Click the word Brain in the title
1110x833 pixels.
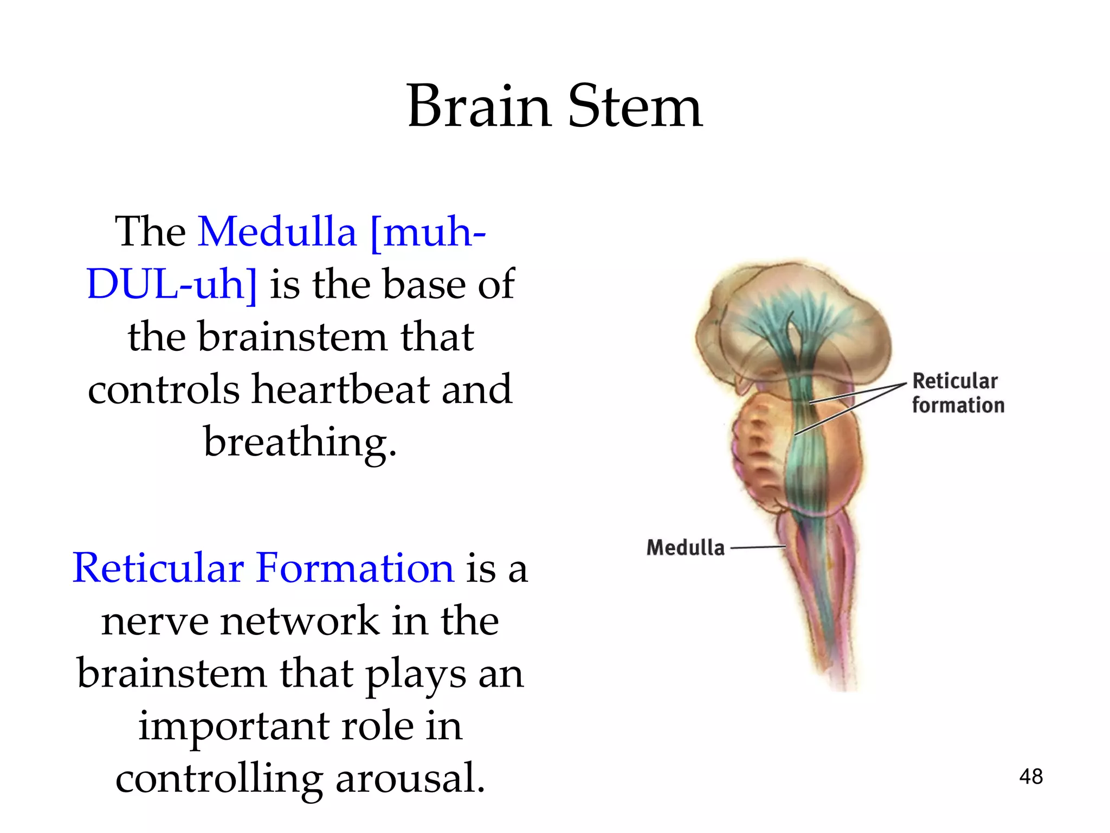pyautogui.click(x=479, y=107)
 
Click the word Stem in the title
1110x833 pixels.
pyautogui.click(x=635, y=107)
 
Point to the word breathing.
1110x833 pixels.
pyautogui.click(x=300, y=442)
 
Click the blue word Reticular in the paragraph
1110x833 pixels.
pyautogui.click(x=158, y=568)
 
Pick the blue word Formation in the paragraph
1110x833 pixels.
pyautogui.click(x=355, y=568)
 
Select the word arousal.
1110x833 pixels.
pyautogui.click(x=410, y=778)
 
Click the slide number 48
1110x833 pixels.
pyautogui.click(x=1030, y=777)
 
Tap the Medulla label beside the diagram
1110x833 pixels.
pyautogui.click(x=685, y=548)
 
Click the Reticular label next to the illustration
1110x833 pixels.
pyautogui.click(x=954, y=381)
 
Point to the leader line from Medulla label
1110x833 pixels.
pyautogui.click(x=758, y=547)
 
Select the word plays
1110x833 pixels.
pyautogui.click(x=415, y=673)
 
